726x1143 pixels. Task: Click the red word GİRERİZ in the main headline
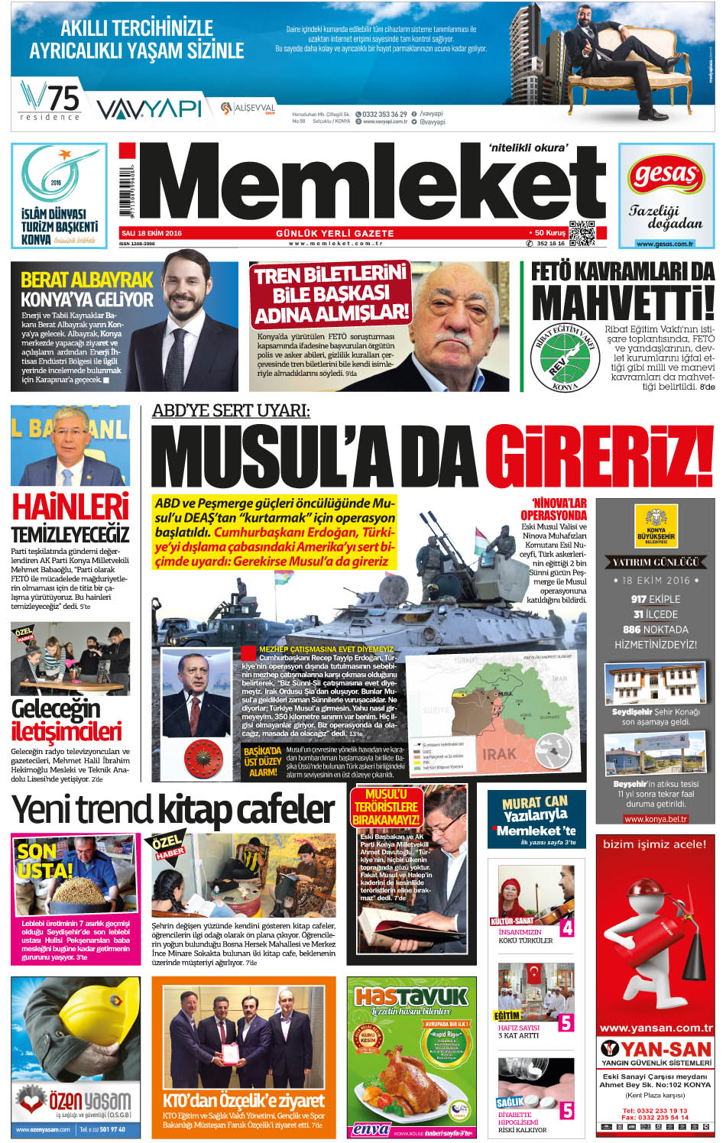click(599, 457)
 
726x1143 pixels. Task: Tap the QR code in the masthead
click(582, 233)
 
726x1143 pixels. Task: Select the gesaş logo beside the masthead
click(666, 176)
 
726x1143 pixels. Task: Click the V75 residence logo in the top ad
click(51, 102)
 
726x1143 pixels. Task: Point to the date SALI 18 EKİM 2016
click(151, 233)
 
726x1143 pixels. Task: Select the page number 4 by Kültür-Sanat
click(566, 928)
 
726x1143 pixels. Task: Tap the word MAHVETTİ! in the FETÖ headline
click(623, 303)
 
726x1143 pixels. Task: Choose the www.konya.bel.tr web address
click(656, 818)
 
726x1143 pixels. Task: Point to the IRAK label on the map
click(499, 753)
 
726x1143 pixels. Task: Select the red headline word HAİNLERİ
click(70, 507)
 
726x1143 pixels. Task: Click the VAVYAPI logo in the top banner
click(149, 109)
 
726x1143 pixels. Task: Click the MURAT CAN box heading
click(535, 802)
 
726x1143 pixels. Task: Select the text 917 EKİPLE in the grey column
click(655, 599)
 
